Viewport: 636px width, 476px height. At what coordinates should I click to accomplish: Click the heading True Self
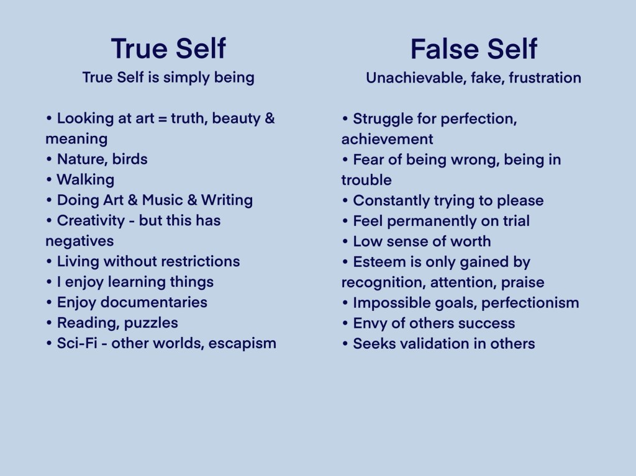(168, 48)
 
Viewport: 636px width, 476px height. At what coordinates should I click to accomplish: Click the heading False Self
(473, 48)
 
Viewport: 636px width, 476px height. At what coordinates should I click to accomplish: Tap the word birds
(130, 159)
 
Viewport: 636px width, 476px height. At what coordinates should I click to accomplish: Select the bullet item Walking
(86, 179)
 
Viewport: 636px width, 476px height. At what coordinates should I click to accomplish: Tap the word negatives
(79, 241)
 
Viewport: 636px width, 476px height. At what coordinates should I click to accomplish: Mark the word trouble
(366, 180)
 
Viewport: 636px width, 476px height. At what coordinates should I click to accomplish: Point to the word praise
(523, 282)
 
